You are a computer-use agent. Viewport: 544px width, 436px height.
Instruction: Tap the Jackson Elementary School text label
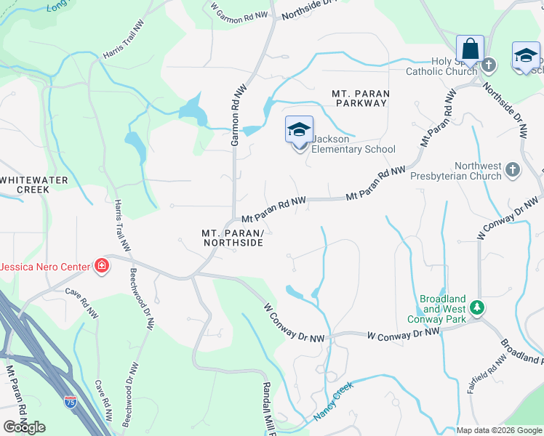pyautogui.click(x=353, y=144)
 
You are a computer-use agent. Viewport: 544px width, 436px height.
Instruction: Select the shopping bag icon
pyautogui.click(x=470, y=50)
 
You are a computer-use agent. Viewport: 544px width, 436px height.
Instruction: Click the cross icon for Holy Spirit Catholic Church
pyautogui.click(x=489, y=65)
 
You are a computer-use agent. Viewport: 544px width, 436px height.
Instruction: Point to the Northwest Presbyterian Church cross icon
pyautogui.click(x=513, y=170)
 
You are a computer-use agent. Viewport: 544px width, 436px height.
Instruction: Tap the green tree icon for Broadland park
pyautogui.click(x=476, y=307)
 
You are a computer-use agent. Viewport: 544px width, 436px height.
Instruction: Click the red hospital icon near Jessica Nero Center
pyautogui.click(x=101, y=266)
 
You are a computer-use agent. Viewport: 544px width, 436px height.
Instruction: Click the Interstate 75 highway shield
pyautogui.click(x=71, y=400)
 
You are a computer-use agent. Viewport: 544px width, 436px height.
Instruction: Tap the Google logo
pyautogui.click(x=24, y=427)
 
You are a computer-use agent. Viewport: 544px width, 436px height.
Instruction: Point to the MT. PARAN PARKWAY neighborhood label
pyautogui.click(x=360, y=98)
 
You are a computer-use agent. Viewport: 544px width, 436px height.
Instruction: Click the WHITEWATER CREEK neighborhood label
pyautogui.click(x=34, y=185)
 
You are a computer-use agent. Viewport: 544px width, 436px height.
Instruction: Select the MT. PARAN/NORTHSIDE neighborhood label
pyautogui.click(x=232, y=238)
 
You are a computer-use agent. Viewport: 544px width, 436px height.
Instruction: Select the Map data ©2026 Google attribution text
pyautogui.click(x=499, y=430)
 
